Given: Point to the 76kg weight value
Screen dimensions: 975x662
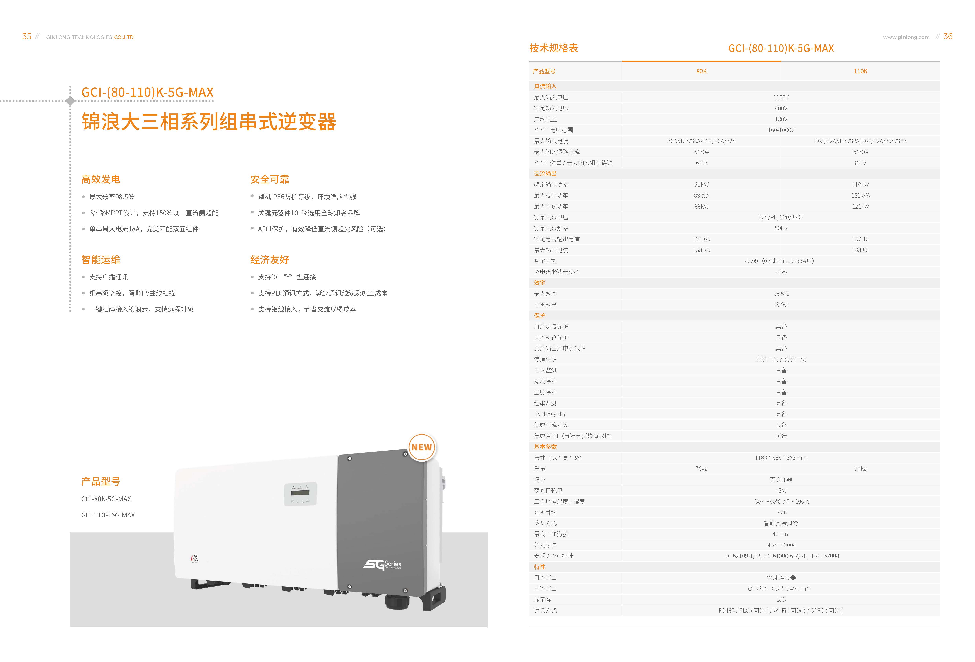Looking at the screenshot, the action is point(701,469).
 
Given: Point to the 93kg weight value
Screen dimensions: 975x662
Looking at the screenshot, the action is point(860,469).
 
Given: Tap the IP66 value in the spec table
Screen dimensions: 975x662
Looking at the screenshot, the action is point(781,512).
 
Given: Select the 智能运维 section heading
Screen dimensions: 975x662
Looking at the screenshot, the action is point(101,260).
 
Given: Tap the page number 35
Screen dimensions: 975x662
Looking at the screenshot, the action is point(27,37).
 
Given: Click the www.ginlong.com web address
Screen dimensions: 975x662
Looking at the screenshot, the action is point(906,37).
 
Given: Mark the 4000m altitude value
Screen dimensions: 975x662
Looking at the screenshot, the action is point(781,534).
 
